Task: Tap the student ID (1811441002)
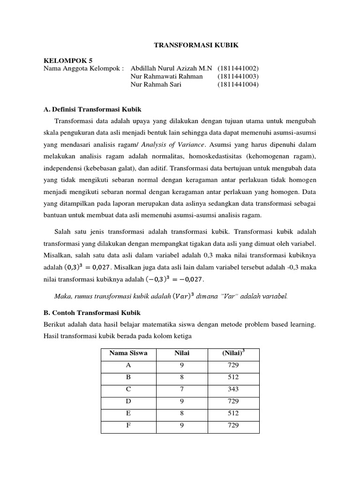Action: (x=239, y=68)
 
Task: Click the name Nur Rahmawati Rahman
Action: (x=166, y=76)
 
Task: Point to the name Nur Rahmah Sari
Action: (x=156, y=84)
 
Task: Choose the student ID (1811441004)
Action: (x=239, y=84)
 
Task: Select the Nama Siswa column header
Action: (x=128, y=353)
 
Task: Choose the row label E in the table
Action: (x=128, y=413)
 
